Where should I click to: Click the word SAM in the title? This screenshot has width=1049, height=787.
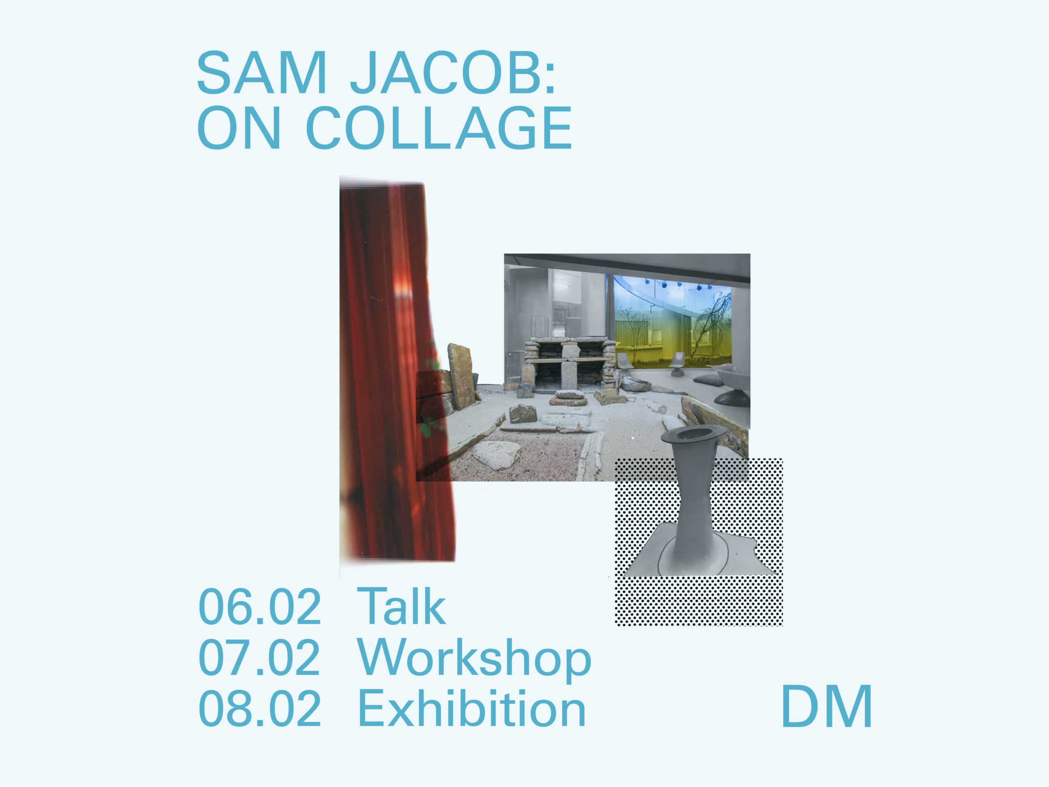tap(262, 73)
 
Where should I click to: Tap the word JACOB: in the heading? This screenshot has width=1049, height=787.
tap(453, 73)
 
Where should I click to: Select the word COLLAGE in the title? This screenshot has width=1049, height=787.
tap(439, 127)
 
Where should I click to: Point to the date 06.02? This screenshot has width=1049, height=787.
tap(259, 607)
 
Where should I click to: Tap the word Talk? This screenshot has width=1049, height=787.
tap(402, 606)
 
